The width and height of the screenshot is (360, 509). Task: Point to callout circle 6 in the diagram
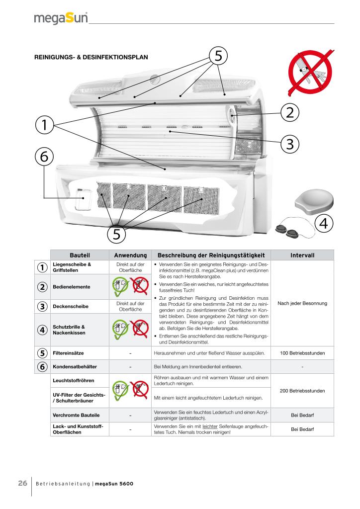[44, 157]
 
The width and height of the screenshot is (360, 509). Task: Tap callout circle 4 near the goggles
[323, 224]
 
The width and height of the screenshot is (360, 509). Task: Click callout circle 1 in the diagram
[44, 125]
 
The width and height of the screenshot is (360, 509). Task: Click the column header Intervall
[302, 255]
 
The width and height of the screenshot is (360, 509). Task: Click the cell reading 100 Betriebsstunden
[302, 353]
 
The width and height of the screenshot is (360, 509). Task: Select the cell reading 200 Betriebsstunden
[302, 391]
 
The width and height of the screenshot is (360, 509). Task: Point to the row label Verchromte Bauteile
[74, 415]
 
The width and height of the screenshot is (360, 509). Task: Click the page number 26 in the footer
[22, 484]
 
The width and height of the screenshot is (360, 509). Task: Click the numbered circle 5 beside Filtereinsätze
[42, 353]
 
